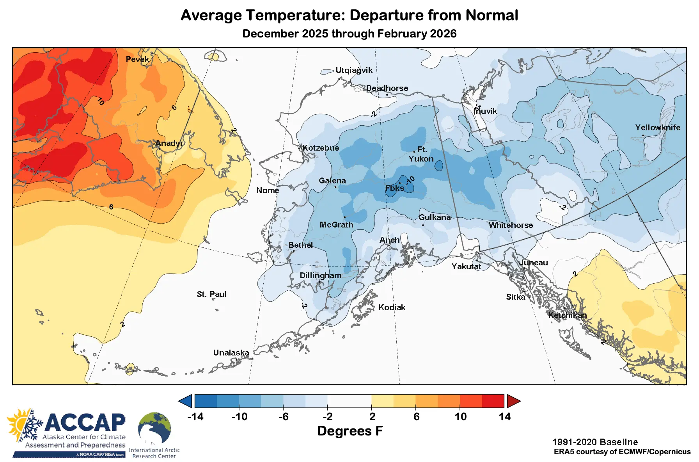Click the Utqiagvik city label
[x=354, y=70]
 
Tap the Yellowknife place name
[x=657, y=128]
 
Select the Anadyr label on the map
[x=169, y=143]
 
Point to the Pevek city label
[x=137, y=59]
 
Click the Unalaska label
[x=231, y=353]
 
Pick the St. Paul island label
[x=211, y=294]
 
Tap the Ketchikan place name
[x=567, y=315]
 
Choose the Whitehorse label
[x=511, y=225]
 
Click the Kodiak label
[x=392, y=307]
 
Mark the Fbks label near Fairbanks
[x=394, y=188]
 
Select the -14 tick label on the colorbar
[x=195, y=417]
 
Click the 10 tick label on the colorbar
[x=460, y=417]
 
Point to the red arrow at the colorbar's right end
[x=513, y=401]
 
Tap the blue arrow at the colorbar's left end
[x=186, y=401]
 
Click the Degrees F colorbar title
[x=350, y=431]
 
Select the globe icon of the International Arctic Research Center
[x=154, y=428]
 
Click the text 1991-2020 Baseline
[x=595, y=442]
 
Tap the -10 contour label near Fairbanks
[x=410, y=180]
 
